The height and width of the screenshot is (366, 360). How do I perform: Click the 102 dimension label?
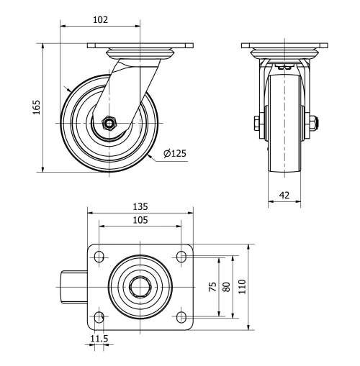100,20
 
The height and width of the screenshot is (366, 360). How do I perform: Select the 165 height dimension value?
37,107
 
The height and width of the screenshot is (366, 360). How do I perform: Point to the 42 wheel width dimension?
284,194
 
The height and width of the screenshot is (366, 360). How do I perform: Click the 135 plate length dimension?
140,206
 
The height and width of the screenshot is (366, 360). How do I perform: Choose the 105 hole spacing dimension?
140,220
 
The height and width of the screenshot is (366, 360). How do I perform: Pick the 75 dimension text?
212,286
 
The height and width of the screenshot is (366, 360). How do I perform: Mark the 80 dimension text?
227,286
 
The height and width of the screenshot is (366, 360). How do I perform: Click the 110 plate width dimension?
242,286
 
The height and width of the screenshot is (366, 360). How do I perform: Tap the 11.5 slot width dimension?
99,338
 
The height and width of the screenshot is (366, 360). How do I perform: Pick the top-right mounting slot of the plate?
181,257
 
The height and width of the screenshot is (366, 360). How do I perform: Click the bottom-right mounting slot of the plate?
181,316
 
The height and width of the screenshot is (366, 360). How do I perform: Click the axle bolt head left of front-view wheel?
257,123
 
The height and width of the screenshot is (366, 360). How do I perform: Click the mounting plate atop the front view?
284,47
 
